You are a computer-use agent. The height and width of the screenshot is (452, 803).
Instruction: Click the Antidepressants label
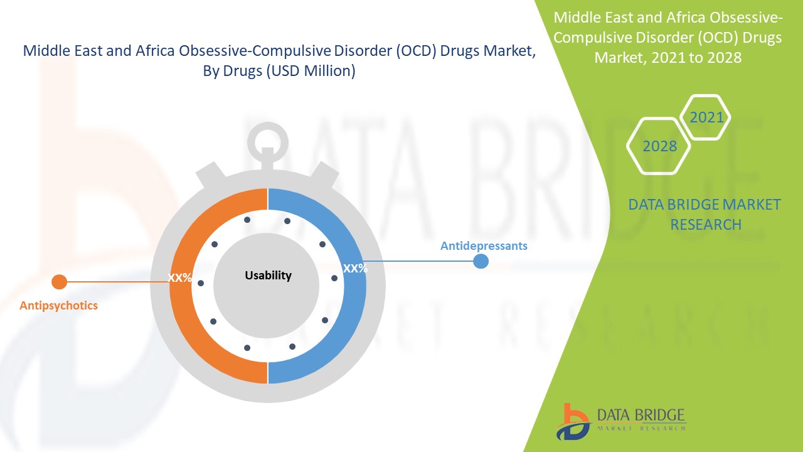tap(484, 246)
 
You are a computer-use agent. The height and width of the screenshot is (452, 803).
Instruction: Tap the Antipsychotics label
tap(58, 306)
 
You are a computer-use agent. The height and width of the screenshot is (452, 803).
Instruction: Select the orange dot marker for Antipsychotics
tap(59, 282)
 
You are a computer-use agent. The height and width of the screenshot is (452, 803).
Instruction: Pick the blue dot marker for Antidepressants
tap(481, 261)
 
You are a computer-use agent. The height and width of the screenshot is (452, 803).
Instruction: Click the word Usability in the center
tap(268, 276)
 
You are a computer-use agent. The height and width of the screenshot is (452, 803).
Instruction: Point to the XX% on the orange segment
tap(179, 277)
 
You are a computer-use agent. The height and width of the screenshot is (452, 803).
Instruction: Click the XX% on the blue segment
tap(355, 268)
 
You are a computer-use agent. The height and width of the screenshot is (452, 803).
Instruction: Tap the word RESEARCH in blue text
tap(706, 225)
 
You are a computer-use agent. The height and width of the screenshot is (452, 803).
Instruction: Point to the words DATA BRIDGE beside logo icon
tap(641, 415)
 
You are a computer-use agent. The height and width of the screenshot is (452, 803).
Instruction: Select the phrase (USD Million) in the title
tap(311, 71)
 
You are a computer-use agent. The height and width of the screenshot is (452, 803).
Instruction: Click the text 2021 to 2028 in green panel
tap(696, 57)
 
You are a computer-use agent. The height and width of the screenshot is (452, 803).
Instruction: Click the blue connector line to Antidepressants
tap(418, 261)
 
